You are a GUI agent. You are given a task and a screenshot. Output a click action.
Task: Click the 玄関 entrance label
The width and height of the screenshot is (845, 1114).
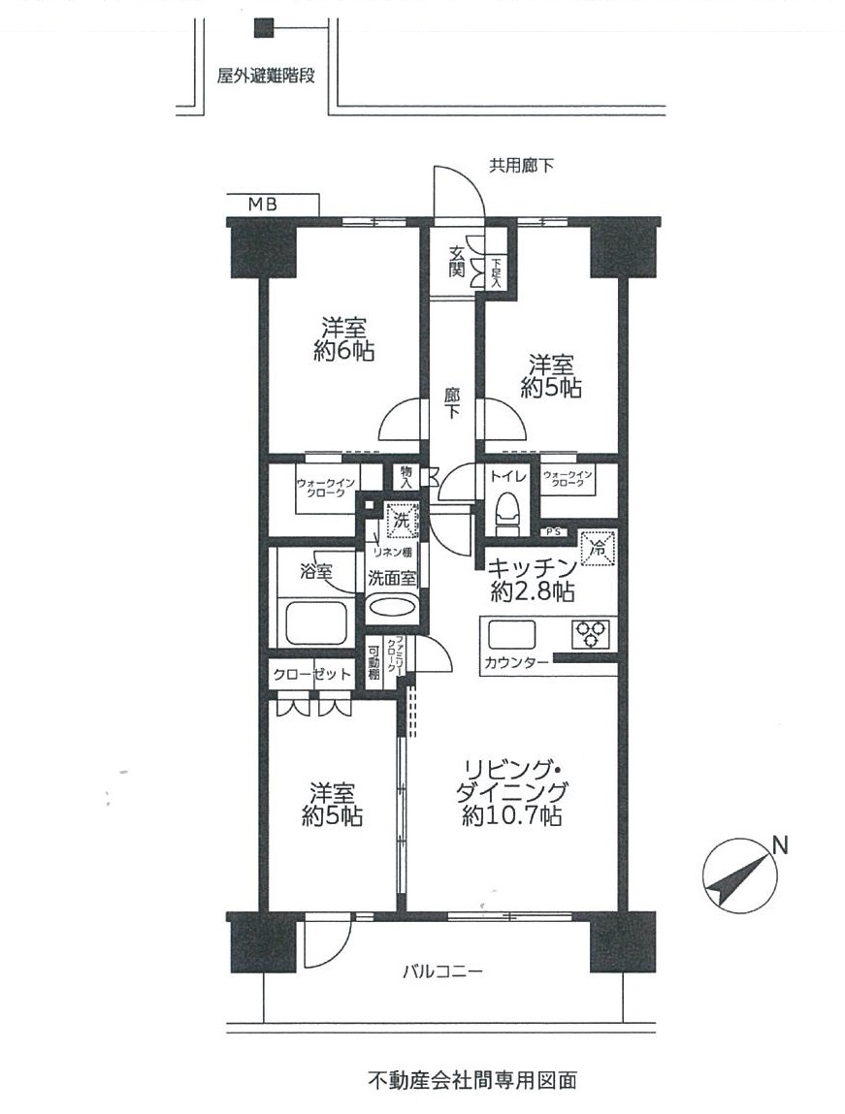(x=457, y=261)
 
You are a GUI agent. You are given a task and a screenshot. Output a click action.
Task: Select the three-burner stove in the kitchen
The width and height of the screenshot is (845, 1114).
(x=591, y=633)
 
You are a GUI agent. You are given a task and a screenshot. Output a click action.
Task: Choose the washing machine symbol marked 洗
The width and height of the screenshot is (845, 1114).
(x=401, y=520)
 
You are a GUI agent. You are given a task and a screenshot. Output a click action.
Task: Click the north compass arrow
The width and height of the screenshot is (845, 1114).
(x=740, y=876)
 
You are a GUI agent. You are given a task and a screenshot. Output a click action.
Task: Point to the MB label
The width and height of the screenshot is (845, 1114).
(x=262, y=205)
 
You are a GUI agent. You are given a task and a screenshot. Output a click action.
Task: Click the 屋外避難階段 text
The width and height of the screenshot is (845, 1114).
(x=266, y=76)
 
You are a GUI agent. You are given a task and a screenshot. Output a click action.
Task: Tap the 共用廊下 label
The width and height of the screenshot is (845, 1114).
(x=521, y=166)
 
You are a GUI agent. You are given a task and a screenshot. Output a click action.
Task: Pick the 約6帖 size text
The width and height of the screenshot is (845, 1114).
(x=344, y=350)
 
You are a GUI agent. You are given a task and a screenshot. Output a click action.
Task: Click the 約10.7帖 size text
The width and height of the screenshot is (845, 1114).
(x=511, y=815)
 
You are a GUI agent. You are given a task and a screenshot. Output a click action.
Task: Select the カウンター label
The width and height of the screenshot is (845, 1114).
(x=516, y=663)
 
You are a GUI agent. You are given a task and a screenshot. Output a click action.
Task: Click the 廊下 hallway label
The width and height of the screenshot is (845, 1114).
(x=452, y=401)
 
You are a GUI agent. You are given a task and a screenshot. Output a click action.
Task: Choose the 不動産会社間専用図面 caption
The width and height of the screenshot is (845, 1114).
(x=472, y=1081)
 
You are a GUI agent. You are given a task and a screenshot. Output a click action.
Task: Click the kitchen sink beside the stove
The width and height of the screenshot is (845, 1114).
(x=511, y=634)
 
